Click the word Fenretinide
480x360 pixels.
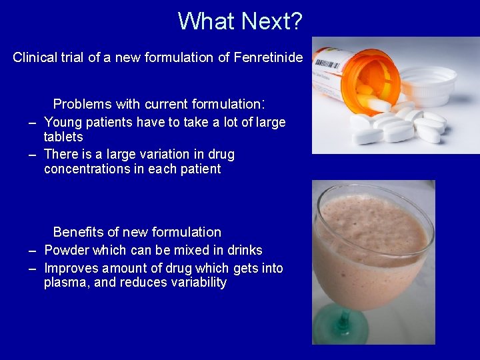pos(268,57)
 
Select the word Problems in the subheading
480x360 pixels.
pos(83,104)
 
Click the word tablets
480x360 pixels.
pos(63,137)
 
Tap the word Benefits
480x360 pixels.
pos(79,232)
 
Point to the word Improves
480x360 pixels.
pos(69,269)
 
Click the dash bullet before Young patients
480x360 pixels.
pos(31,123)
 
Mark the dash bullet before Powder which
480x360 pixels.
pos(31,251)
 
